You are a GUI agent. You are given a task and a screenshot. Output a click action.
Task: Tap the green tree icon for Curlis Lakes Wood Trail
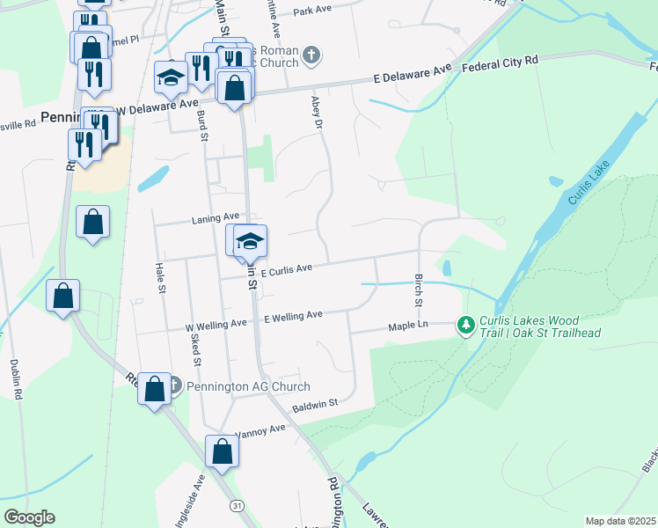[x=465, y=326]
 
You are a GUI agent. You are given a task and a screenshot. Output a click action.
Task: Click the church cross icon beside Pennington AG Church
[x=173, y=385]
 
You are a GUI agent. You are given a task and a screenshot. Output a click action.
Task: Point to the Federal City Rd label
[x=499, y=62]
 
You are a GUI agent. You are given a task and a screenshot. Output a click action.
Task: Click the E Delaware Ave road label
[x=412, y=73]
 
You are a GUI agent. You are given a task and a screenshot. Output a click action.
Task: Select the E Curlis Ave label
[x=286, y=268]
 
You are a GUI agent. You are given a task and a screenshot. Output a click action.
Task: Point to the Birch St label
[x=419, y=290]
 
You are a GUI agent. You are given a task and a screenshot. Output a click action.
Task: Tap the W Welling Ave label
[x=216, y=325]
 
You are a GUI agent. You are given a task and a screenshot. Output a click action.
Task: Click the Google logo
[x=29, y=517]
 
